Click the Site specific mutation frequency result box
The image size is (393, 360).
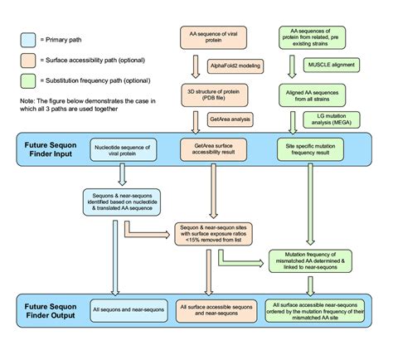pyautogui.click(x=313, y=149)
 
